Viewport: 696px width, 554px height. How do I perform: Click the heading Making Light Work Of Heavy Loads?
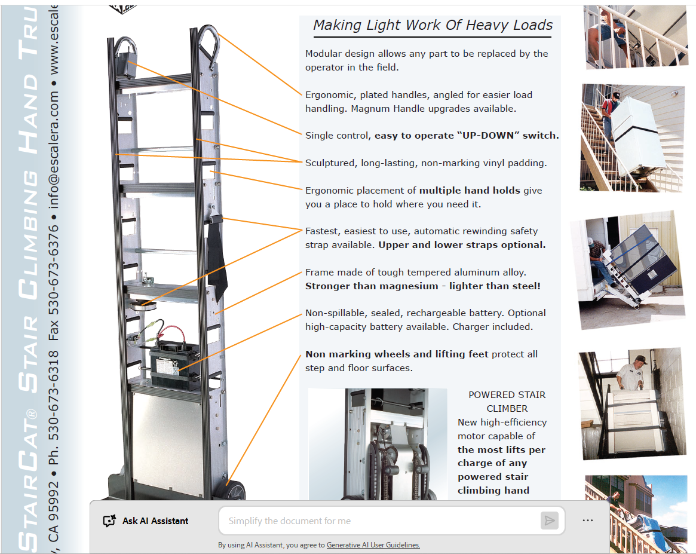pos(433,25)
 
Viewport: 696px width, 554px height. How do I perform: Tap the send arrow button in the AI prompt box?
pos(549,521)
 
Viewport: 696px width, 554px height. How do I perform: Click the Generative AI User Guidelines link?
pos(373,544)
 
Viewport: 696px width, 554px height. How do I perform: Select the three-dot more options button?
pos(588,521)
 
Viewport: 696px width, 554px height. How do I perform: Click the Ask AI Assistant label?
pos(155,521)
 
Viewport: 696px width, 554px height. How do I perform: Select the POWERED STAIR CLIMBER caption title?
pos(507,401)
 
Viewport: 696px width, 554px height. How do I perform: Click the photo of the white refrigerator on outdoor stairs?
pos(632,137)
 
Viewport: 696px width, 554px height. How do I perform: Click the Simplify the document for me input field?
pos(379,521)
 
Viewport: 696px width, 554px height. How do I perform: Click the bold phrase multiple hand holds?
pos(470,191)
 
